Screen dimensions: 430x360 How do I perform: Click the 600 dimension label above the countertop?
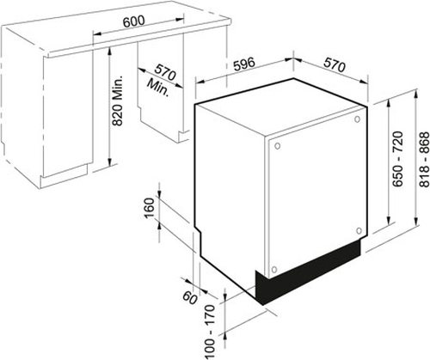click(x=134, y=21)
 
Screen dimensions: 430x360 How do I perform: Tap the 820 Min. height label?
click(x=118, y=101)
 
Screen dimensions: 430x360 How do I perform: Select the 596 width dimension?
click(x=243, y=64)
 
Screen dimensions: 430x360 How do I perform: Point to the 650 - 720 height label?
click(x=397, y=159)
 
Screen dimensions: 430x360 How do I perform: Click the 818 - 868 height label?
click(x=424, y=159)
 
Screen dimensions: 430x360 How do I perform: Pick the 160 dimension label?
click(x=150, y=208)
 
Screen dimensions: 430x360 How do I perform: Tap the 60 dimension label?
click(x=190, y=298)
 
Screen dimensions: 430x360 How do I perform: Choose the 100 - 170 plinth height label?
click(x=210, y=332)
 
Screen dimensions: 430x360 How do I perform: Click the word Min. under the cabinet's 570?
click(x=157, y=88)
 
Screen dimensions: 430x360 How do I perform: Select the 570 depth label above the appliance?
click(x=335, y=65)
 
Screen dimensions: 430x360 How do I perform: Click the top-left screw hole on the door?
click(x=277, y=146)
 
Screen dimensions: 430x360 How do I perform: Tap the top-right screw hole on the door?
click(x=357, y=119)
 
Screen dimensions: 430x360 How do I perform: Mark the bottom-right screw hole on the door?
click(x=359, y=230)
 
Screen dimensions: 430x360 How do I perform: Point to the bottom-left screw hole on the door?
click(x=274, y=270)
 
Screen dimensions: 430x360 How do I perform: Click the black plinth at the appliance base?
click(x=307, y=272)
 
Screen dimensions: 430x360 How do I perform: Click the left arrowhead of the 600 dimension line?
click(x=98, y=34)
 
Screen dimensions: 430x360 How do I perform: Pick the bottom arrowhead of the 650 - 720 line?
click(x=389, y=221)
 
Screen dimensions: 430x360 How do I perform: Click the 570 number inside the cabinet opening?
click(x=165, y=73)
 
